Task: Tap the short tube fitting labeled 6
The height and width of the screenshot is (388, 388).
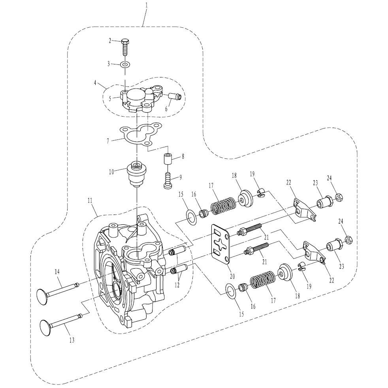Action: [x=175, y=96]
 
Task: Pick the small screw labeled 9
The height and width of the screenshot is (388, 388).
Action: [x=168, y=181]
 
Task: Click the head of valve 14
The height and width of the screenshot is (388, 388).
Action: [x=41, y=296]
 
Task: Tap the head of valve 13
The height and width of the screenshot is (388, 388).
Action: [x=45, y=328]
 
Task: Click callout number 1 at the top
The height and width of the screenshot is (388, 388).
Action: [x=147, y=5]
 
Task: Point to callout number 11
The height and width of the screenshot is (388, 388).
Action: [x=90, y=200]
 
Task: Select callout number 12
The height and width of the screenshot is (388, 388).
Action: [x=177, y=285]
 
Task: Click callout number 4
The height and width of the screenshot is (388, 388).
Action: [x=95, y=83]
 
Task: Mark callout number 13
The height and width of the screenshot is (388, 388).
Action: [x=72, y=340]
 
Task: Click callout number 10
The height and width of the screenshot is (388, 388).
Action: [x=111, y=171]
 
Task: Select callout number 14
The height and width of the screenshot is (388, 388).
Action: [x=57, y=272]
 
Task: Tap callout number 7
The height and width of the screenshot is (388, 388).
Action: [x=108, y=141]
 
